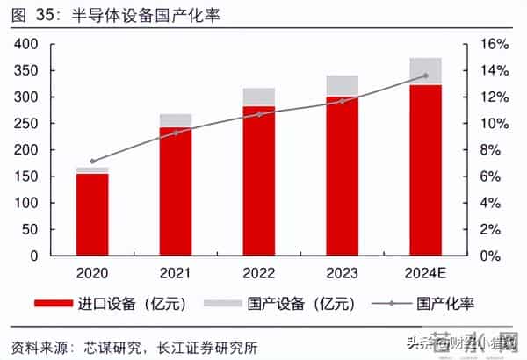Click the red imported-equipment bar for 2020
pyautogui.click(x=92, y=214)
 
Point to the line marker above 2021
pyautogui.click(x=176, y=133)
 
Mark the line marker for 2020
pyautogui.click(x=92, y=162)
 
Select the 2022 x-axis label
pyautogui.click(x=259, y=273)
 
